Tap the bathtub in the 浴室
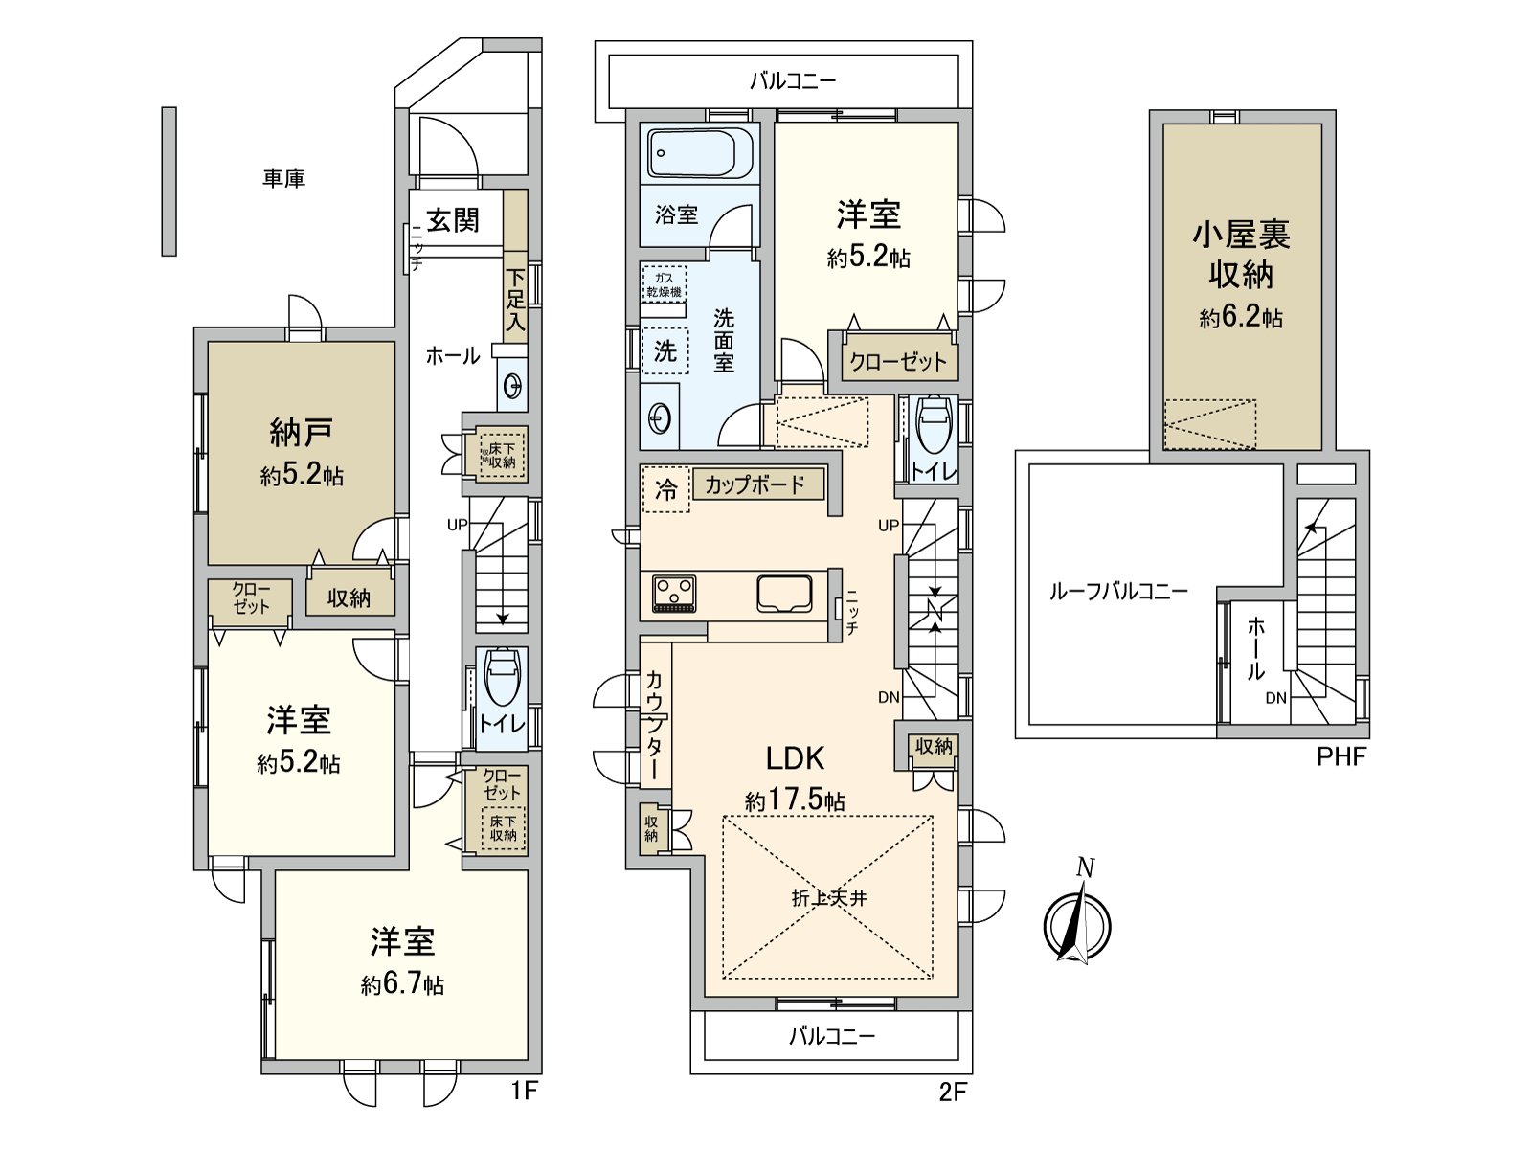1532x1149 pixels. (701, 153)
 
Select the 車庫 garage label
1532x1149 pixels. (283, 178)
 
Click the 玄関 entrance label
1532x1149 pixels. (452, 220)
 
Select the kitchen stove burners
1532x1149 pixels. (674, 592)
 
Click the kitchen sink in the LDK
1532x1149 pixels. (785, 593)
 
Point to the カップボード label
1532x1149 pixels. (755, 484)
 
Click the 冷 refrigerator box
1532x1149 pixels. (665, 489)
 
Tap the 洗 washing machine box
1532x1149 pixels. (665, 350)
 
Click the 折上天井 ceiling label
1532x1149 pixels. (828, 898)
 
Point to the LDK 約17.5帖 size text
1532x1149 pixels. (795, 800)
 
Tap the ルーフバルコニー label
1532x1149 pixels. (1117, 591)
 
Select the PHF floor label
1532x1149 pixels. (1340, 757)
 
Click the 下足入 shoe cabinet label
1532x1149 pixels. (515, 302)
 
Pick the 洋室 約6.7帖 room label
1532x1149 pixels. (402, 960)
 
